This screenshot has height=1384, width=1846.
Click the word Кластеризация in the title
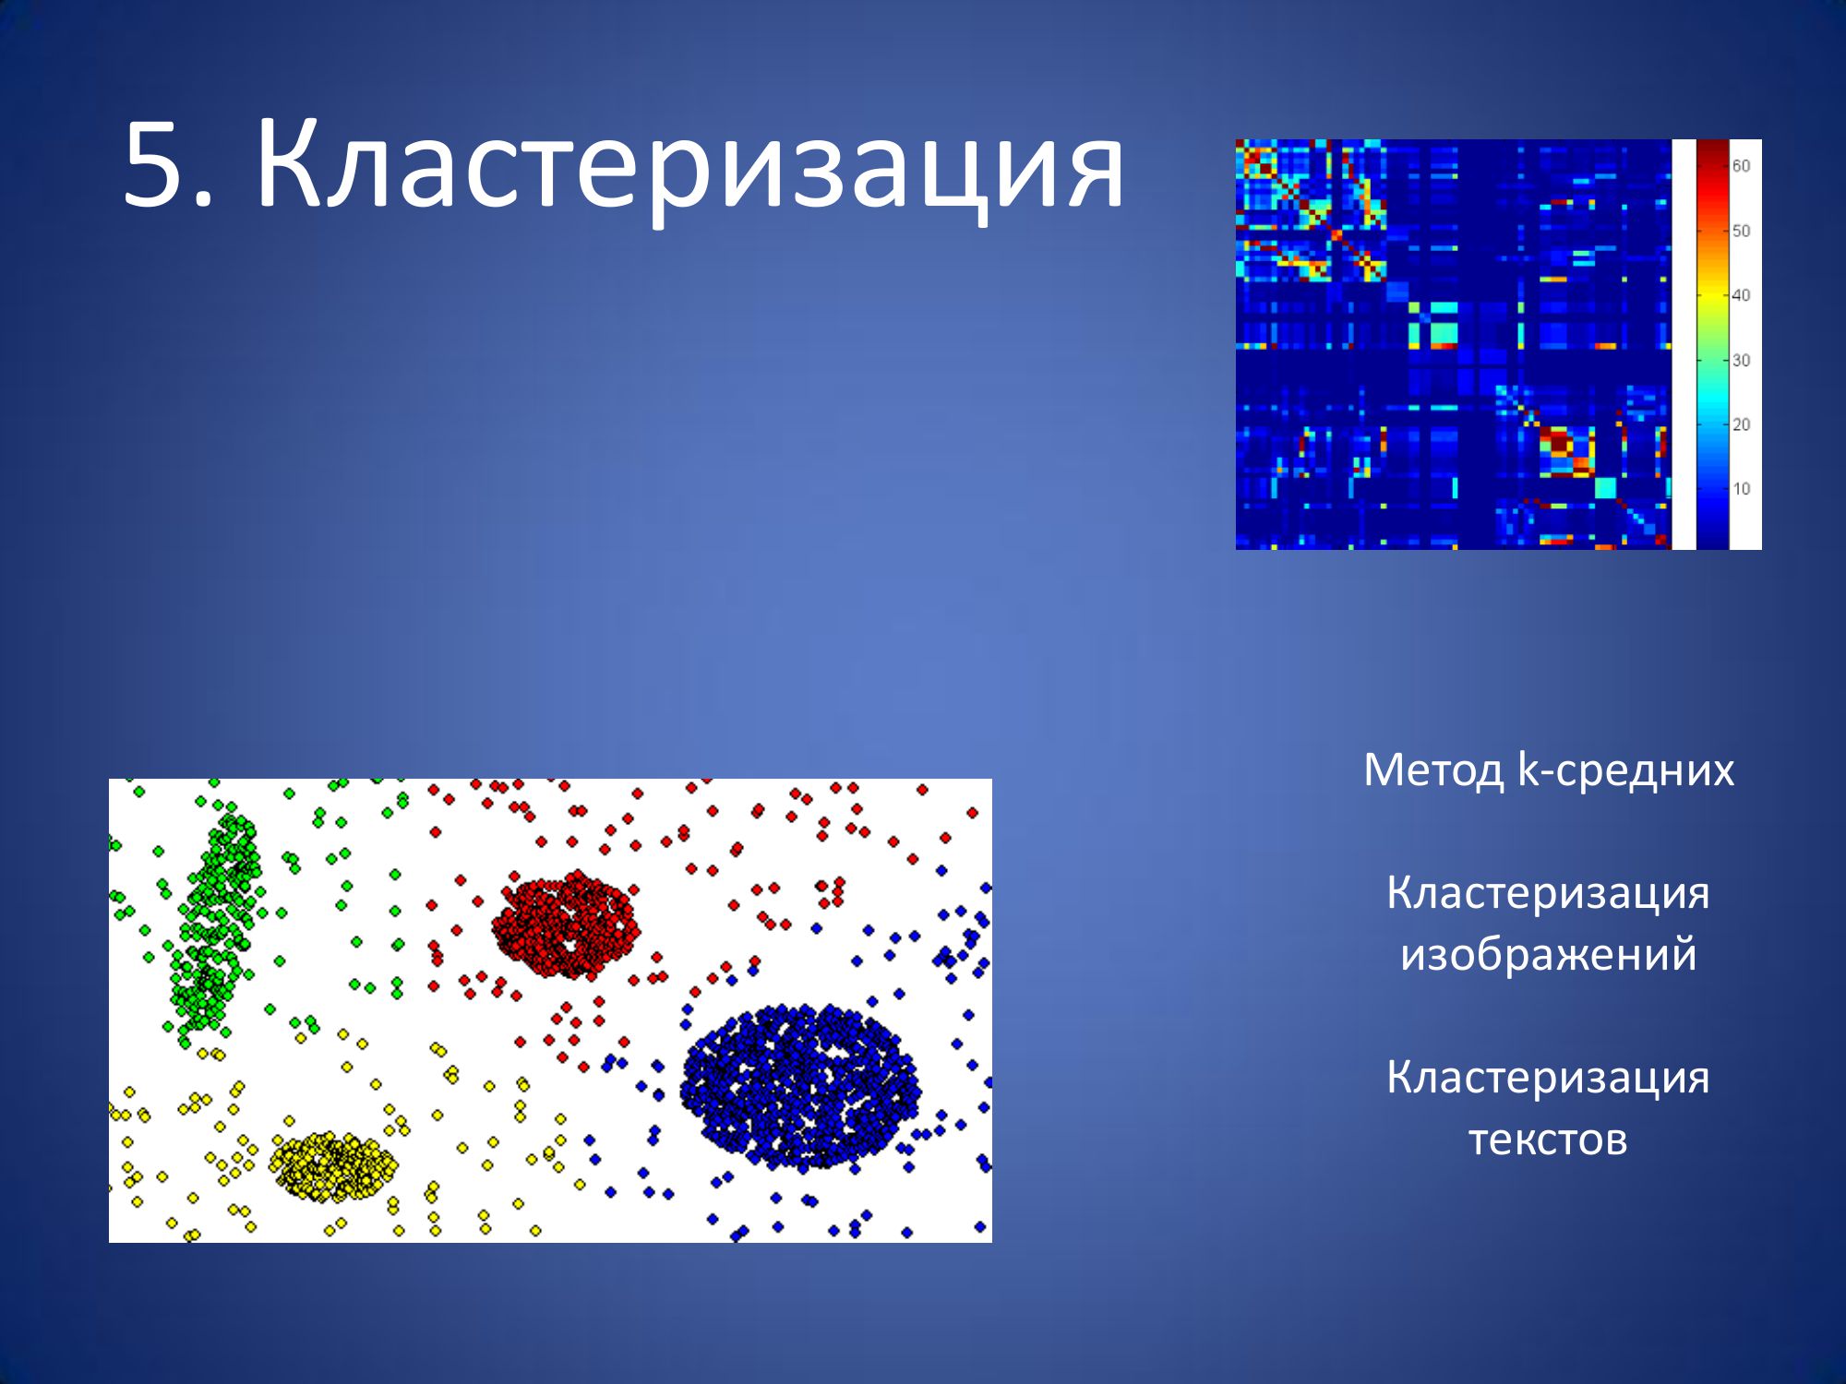(690, 169)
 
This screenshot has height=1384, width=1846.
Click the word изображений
(1548, 954)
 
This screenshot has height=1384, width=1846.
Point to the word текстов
(1548, 1139)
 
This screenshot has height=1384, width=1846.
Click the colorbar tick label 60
(1741, 166)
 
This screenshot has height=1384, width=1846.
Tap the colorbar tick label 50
(1741, 231)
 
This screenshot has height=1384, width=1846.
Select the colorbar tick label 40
(1741, 295)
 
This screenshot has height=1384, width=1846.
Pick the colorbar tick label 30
(1741, 360)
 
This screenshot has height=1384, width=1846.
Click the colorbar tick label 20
(1741, 424)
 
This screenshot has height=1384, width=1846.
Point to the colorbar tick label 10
(1741, 489)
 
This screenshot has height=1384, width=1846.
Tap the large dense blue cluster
(800, 1087)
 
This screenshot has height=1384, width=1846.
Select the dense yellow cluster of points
(333, 1165)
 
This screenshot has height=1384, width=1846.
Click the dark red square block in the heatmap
(1558, 443)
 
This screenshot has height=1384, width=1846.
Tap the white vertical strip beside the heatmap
(1684, 344)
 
